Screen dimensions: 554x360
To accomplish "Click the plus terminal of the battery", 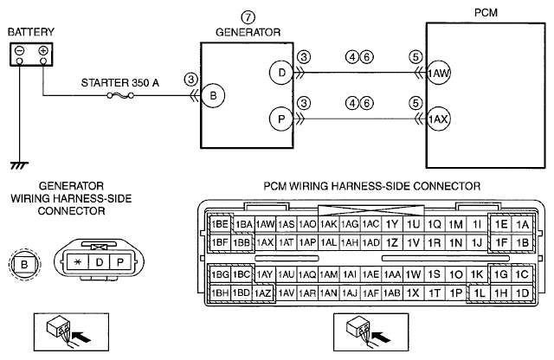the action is click(x=43, y=51).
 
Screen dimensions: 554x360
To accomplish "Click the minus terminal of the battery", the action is click(x=19, y=51).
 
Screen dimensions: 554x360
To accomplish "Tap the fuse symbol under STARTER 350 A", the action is click(x=120, y=95).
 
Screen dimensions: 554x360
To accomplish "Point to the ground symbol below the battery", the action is click(x=19, y=165).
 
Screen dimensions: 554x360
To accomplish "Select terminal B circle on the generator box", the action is click(x=213, y=95).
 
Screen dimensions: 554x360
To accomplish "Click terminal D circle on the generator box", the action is click(x=281, y=73).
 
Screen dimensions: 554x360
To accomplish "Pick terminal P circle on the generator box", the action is click(x=281, y=119).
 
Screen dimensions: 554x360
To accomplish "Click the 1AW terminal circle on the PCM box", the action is click(x=439, y=73).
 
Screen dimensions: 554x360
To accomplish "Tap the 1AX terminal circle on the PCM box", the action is click(x=439, y=119).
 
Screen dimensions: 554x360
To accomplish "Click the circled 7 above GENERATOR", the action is click(x=248, y=17).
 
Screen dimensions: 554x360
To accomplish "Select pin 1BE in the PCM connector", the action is click(x=220, y=224).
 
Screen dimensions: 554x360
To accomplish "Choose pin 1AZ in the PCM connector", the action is click(x=263, y=292).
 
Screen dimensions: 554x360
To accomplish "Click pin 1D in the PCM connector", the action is click(x=522, y=292).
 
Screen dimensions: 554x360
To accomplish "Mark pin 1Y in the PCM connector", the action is click(x=392, y=224).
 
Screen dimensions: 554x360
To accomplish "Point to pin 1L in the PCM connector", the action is click(x=479, y=292).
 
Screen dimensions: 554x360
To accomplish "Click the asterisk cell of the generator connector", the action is click(x=78, y=262).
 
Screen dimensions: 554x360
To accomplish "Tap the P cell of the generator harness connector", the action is click(x=120, y=262).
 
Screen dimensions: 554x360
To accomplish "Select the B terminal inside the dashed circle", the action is click(x=24, y=264).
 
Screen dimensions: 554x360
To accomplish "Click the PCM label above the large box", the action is click(x=486, y=13).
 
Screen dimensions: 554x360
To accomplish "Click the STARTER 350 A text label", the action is click(x=120, y=83).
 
